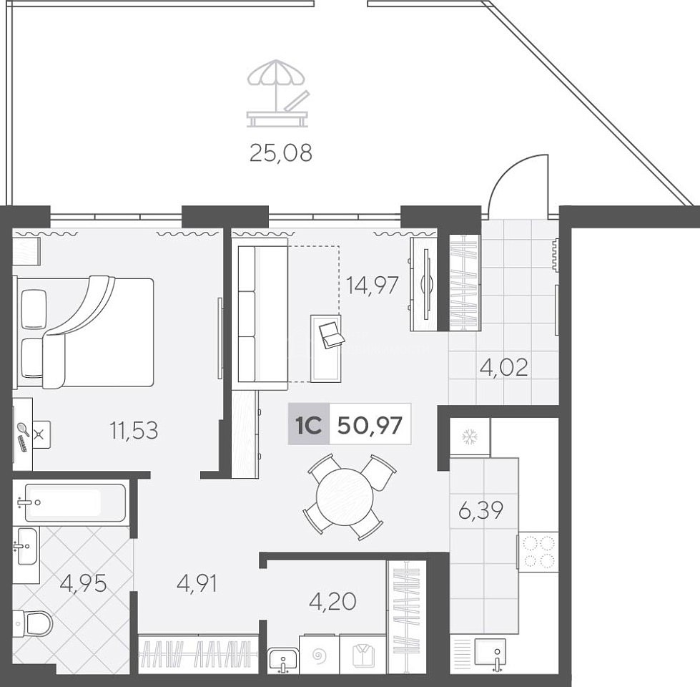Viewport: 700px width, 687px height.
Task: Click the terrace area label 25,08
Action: pyautogui.click(x=281, y=153)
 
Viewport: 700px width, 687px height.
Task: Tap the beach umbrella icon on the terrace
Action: pyautogui.click(x=277, y=93)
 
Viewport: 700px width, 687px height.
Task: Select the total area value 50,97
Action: pyautogui.click(x=370, y=425)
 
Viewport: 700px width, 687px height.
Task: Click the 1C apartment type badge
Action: pyautogui.click(x=309, y=424)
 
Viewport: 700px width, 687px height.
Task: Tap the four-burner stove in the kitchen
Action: pyautogui.click(x=538, y=552)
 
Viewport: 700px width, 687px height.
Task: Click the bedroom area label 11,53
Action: pyautogui.click(x=134, y=431)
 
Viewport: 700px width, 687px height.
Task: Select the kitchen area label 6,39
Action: pyautogui.click(x=480, y=510)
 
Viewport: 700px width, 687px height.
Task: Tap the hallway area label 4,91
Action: pyautogui.click(x=197, y=583)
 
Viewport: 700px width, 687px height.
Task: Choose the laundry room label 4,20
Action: pyautogui.click(x=332, y=601)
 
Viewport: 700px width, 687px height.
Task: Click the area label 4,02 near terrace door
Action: pyautogui.click(x=503, y=368)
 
